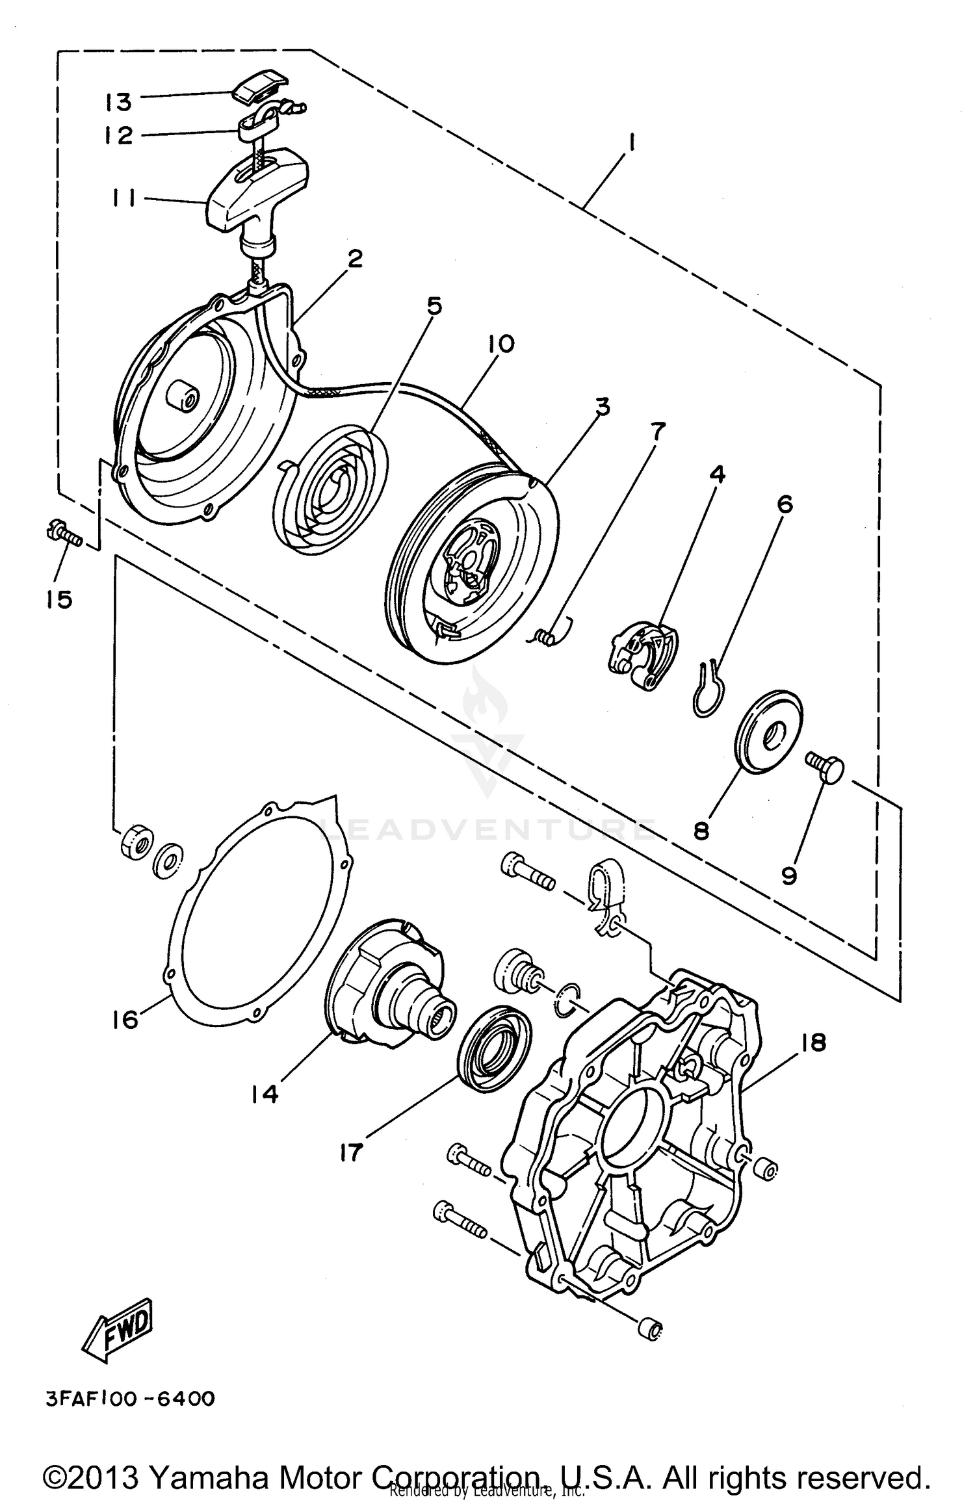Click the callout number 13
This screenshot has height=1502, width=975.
click(x=119, y=102)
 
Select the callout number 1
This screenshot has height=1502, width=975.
click(x=631, y=142)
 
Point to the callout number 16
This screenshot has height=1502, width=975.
click(x=125, y=1019)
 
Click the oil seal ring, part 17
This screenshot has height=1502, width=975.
click(x=494, y=1046)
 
